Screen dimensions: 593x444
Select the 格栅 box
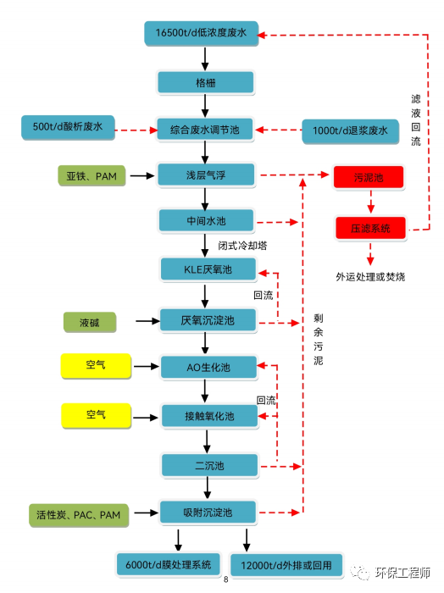pyautogui.click(x=206, y=82)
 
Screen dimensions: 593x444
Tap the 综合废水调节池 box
pyautogui.click(x=206, y=130)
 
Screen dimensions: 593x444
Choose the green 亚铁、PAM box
pyautogui.click(x=92, y=176)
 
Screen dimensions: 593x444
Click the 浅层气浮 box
pyautogui.click(x=208, y=175)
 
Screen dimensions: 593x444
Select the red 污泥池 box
pyautogui.click(x=369, y=179)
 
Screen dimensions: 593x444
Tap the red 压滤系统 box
pyautogui.click(x=370, y=229)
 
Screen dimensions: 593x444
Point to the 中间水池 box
pyautogui.click(x=208, y=221)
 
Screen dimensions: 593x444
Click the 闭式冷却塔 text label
pyautogui.click(x=242, y=247)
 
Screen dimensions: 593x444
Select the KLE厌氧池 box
pyautogui.click(x=208, y=270)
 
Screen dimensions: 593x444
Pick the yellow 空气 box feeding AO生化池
pyautogui.click(x=96, y=366)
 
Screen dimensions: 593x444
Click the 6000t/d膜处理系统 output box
pyautogui.click(x=169, y=564)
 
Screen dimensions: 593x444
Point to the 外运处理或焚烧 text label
pyautogui.click(x=370, y=276)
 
